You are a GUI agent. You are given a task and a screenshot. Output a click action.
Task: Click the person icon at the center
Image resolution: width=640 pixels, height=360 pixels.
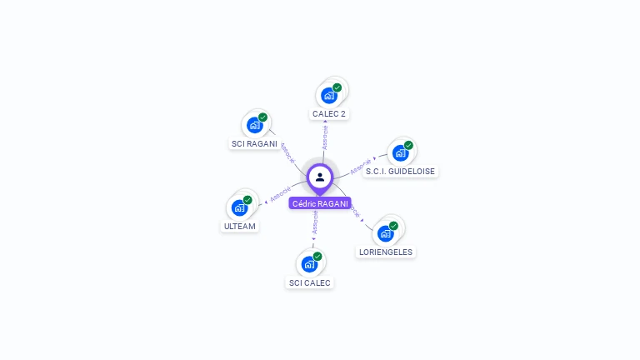[320, 177]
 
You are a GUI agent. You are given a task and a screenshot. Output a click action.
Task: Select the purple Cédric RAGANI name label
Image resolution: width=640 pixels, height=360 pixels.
[320, 203]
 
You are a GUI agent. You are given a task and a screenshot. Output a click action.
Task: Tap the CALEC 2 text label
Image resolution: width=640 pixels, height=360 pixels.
[329, 113]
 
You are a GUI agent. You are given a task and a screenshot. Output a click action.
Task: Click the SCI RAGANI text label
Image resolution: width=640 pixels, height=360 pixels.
[254, 143]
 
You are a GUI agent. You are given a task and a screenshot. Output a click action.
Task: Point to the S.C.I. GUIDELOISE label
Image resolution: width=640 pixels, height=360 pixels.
[400, 172]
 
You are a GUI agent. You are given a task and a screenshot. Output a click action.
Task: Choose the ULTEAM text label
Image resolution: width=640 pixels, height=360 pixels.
[240, 227]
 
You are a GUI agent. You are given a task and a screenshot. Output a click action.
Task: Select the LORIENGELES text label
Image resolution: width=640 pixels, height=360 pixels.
[385, 252]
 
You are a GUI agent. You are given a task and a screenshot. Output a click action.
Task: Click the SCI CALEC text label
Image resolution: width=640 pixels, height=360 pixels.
[310, 282]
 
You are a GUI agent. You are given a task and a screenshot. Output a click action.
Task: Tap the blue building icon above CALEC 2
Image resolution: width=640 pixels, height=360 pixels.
[329, 95]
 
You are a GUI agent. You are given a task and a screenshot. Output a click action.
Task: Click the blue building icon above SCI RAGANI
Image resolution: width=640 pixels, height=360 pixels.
[254, 126]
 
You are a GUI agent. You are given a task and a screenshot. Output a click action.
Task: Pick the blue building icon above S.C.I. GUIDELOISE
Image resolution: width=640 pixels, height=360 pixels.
[400, 153]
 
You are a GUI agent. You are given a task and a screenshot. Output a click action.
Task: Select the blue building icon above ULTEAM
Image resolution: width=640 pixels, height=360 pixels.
[239, 207]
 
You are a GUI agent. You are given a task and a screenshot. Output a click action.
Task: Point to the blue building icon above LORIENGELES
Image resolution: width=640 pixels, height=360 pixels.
[385, 233]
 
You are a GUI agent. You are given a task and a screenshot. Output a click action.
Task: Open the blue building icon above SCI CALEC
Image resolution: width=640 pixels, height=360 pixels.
[309, 264]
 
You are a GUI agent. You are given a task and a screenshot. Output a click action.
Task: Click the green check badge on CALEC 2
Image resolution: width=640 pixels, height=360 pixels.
[337, 87]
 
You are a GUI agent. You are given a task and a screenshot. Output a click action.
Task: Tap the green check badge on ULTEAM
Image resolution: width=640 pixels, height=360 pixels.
[247, 200]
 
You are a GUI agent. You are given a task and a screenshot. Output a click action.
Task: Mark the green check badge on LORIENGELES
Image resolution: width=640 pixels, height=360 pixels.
[393, 226]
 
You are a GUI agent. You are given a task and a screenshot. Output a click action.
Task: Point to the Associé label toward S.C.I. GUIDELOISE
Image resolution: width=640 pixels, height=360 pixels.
[360, 167]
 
